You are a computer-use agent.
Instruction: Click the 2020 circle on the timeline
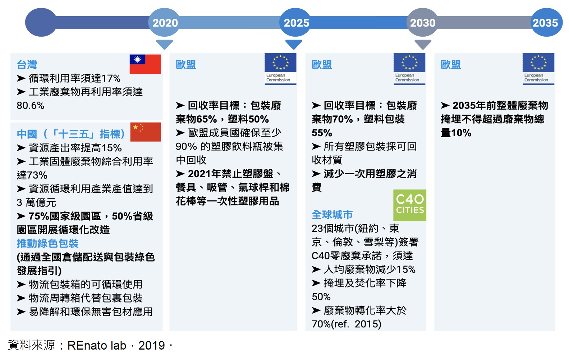[x=164, y=22]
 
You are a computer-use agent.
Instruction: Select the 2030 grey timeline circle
[x=422, y=22]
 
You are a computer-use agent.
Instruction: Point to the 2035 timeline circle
[x=547, y=22]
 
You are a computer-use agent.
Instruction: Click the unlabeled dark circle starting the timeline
[x=41, y=22]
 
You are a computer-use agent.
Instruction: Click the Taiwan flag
[x=145, y=64]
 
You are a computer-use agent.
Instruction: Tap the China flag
[x=146, y=132]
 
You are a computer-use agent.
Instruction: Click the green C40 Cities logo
[x=410, y=205]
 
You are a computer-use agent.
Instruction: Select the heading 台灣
[x=27, y=64]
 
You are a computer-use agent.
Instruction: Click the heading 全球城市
[x=332, y=215]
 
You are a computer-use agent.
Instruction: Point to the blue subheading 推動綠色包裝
[x=48, y=244]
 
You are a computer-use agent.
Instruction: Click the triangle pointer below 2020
[x=164, y=44]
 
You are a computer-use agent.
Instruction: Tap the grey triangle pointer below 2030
[x=423, y=44]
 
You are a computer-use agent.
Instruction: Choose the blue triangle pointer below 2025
[x=294, y=44]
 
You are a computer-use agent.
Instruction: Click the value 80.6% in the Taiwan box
[x=31, y=105]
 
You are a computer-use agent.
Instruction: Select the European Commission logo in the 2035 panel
[x=538, y=69]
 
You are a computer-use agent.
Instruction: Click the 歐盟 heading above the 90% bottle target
[x=186, y=64]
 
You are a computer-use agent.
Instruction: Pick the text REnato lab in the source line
[x=97, y=346]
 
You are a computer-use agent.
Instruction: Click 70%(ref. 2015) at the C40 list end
[x=347, y=324]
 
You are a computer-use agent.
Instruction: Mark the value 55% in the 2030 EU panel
[x=322, y=133]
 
